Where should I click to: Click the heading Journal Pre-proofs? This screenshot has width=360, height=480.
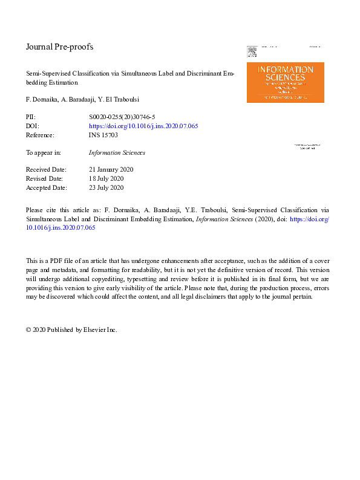pyautogui.click(x=59, y=47)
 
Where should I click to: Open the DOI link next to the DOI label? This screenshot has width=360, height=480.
pyautogui.click(x=143, y=126)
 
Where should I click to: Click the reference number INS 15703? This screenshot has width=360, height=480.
pyautogui.click(x=103, y=135)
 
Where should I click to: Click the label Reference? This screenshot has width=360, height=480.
pyautogui.click(x=40, y=135)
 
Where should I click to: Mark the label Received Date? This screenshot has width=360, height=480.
pyautogui.click(x=46, y=170)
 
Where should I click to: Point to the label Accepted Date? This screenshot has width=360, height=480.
pyautogui.click(x=47, y=188)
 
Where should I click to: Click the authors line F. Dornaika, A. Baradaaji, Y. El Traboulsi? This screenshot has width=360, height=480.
pyautogui.click(x=87, y=98)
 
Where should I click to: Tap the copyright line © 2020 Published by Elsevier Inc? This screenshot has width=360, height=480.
pyautogui.click(x=71, y=330)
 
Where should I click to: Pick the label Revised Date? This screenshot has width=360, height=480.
pyautogui.click(x=45, y=179)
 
